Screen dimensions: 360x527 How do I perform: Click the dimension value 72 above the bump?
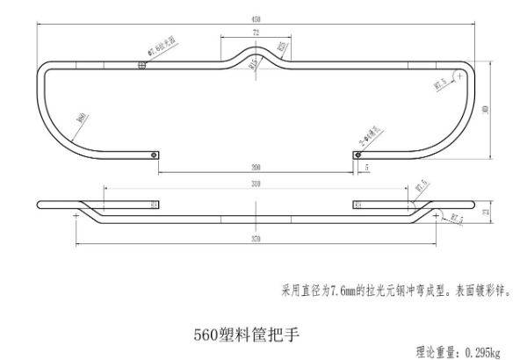click(256, 32)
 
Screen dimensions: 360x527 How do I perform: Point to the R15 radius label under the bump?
click(253, 62)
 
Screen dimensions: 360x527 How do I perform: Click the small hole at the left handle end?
click(155, 156)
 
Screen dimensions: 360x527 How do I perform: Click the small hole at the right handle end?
click(356, 156)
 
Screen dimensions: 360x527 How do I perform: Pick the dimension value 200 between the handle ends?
click(256, 166)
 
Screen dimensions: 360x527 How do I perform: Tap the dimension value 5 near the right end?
click(366, 165)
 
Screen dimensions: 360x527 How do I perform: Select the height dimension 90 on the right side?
click(487, 110)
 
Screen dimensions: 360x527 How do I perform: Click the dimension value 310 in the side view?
click(255, 184)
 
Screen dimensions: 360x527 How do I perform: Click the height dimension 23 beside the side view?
click(486, 212)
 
